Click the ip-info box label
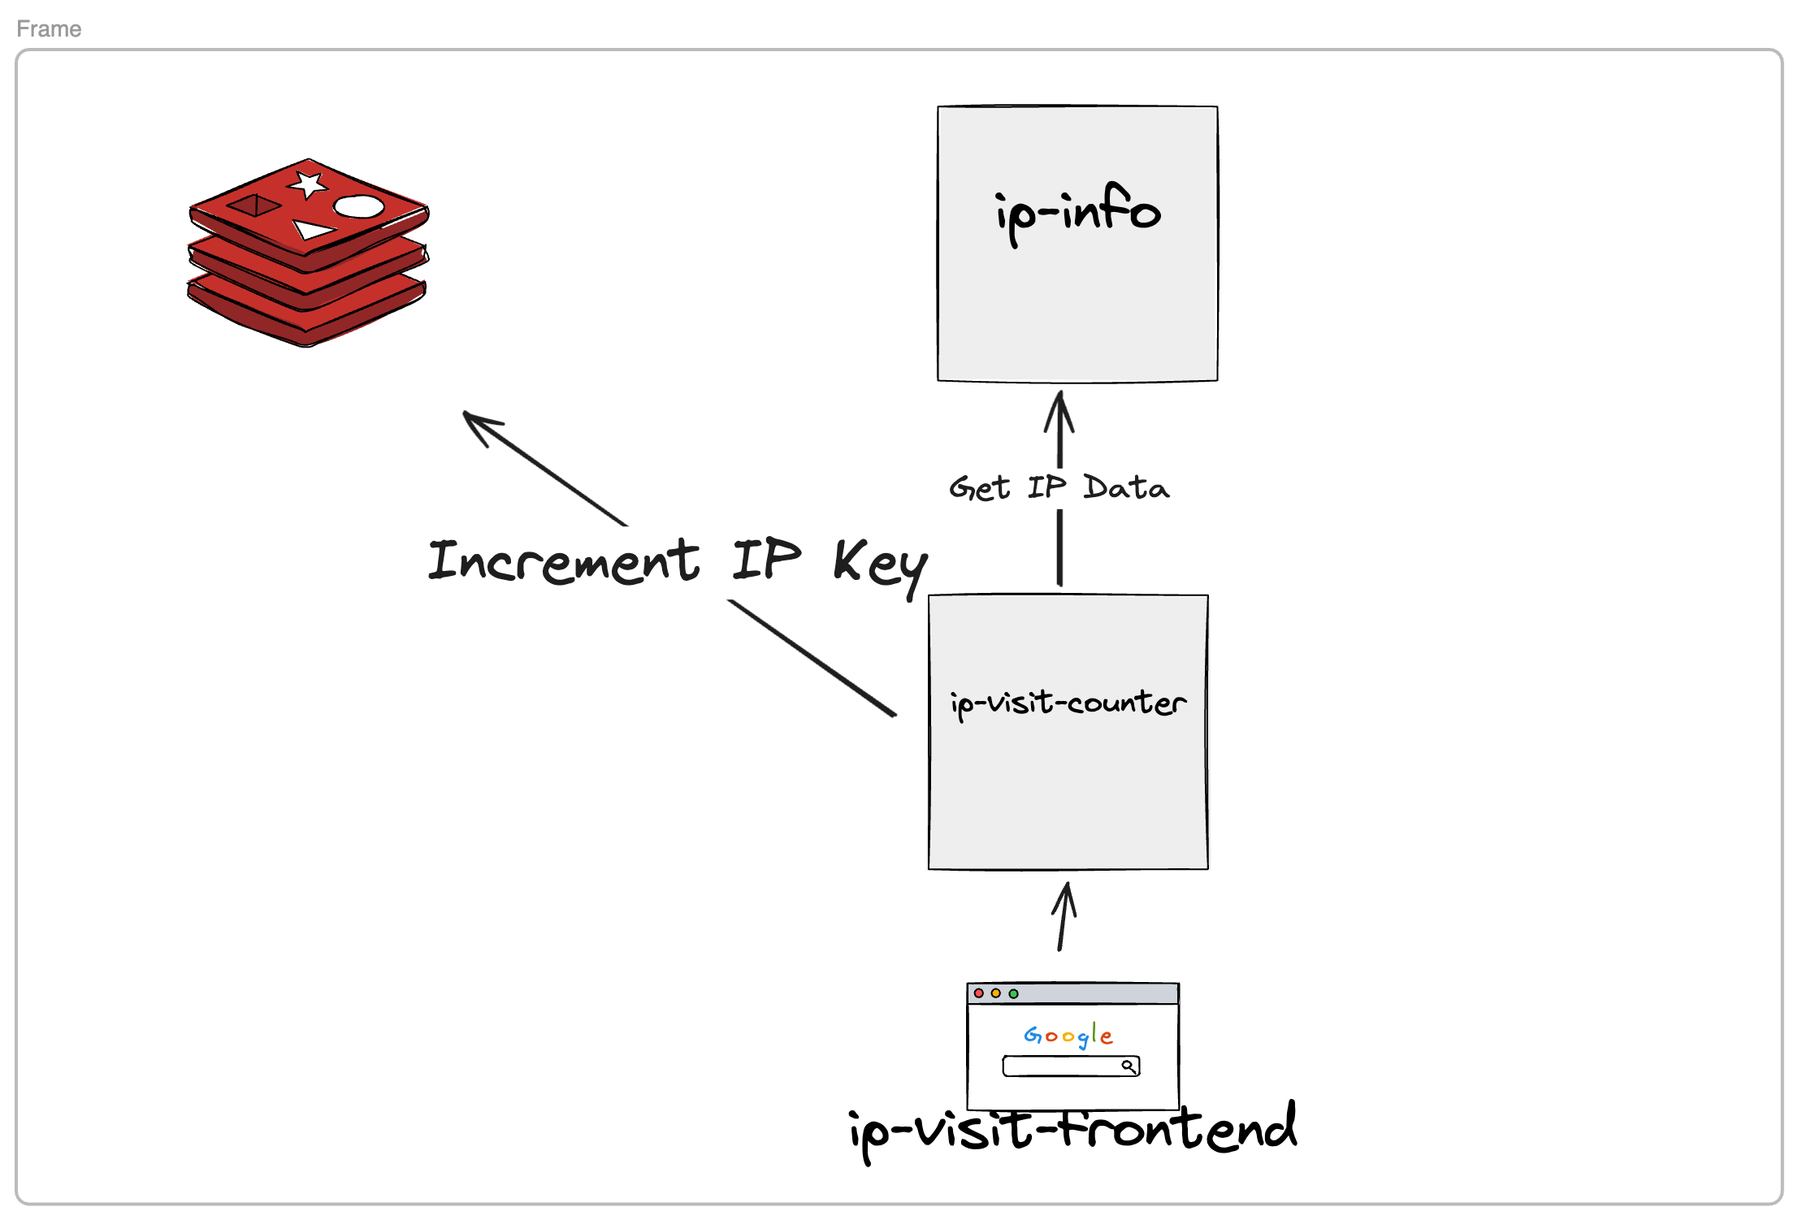coord(1077,213)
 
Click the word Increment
coord(563,561)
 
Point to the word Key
coord(881,564)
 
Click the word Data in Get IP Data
coord(1126,487)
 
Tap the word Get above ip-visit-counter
coord(979,488)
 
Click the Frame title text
coord(49,29)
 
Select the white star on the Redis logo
coord(309,184)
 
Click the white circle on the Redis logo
coord(359,206)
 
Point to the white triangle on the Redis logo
coord(312,230)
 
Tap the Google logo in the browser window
coord(1068,1036)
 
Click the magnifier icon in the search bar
coord(1129,1066)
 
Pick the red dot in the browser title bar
coord(979,993)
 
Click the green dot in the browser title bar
coord(1013,993)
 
